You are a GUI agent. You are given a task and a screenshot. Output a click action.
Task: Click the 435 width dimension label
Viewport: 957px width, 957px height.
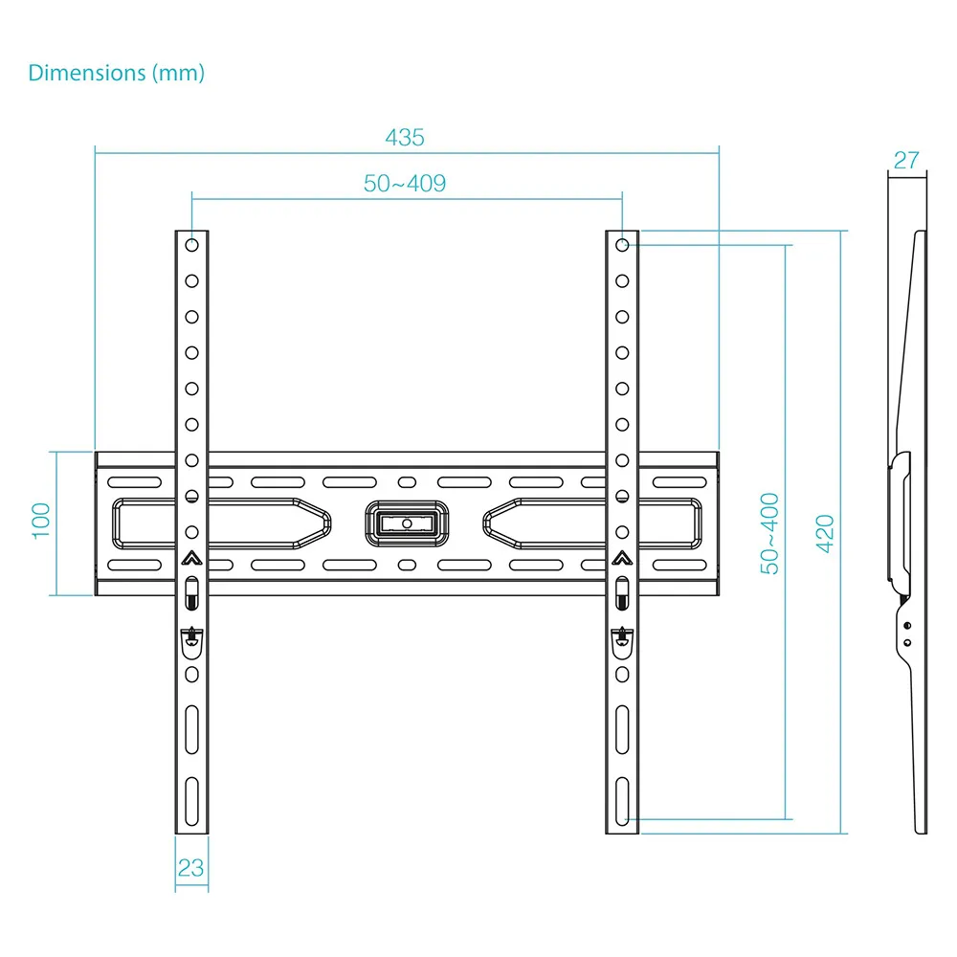point(405,137)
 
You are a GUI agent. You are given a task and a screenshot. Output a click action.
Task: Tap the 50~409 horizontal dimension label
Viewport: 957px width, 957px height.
point(405,183)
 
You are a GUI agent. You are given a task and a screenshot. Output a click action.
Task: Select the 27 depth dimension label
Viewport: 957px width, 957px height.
point(906,160)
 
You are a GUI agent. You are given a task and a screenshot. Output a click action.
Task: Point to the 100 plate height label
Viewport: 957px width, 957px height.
point(41,521)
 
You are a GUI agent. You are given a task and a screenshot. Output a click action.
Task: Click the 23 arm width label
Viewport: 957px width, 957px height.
point(190,867)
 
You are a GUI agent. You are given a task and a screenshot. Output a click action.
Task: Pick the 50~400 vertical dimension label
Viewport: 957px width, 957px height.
point(769,533)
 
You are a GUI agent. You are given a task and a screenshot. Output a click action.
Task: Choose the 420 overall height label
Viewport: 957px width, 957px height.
point(825,533)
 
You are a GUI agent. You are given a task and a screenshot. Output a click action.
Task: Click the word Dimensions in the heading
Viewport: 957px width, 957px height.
point(87,73)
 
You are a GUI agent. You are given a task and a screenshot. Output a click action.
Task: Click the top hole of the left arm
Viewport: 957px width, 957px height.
point(191,245)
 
